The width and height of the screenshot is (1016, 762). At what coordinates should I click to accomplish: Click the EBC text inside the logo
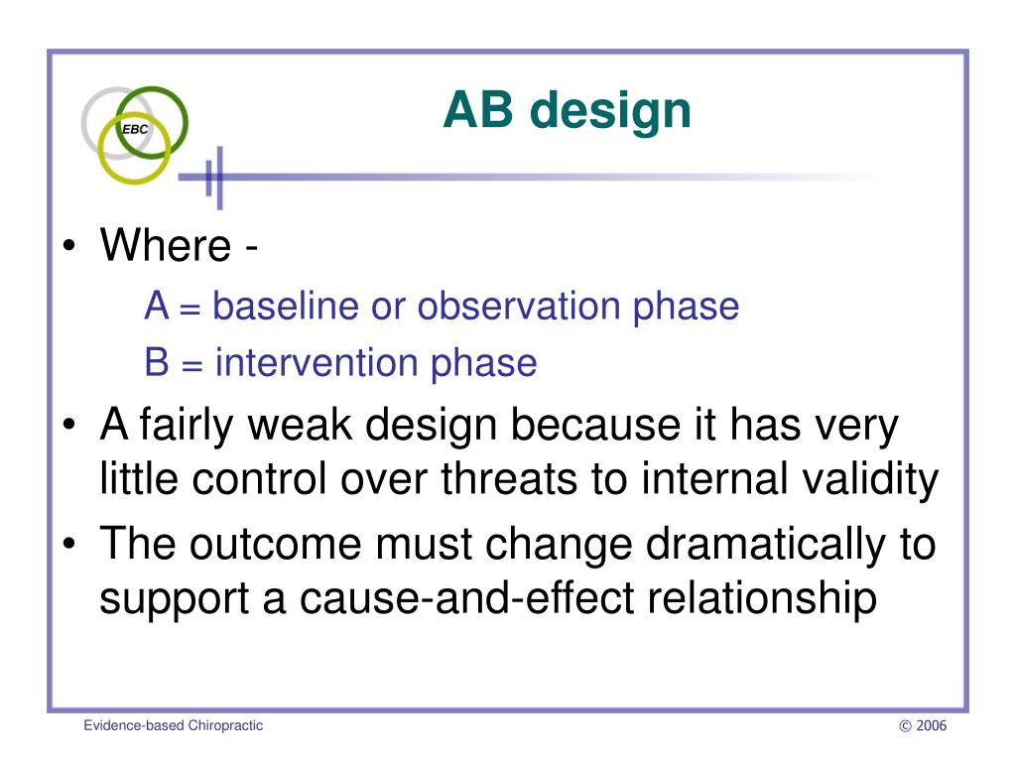click(135, 129)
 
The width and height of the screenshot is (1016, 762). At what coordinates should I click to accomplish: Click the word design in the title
click(610, 111)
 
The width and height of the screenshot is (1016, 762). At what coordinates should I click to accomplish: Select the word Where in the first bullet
click(166, 245)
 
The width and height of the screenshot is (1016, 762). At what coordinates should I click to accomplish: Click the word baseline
click(286, 306)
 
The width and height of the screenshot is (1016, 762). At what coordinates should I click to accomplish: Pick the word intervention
click(317, 362)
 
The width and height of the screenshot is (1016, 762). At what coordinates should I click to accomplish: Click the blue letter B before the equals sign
click(157, 362)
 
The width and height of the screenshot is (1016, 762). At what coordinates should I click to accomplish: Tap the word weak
click(300, 425)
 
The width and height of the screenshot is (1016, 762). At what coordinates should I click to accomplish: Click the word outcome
click(276, 545)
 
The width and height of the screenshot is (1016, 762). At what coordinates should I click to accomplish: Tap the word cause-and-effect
click(466, 597)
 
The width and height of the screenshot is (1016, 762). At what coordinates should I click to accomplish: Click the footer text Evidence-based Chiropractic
click(173, 725)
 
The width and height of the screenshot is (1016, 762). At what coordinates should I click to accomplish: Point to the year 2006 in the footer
click(931, 725)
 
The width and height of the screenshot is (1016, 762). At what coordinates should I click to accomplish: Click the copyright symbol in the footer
click(905, 726)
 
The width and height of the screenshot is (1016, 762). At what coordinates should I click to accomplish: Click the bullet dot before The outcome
click(69, 545)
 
